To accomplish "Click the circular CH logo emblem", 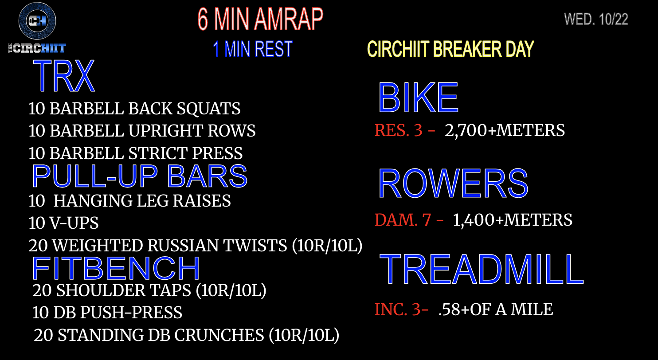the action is (x=37, y=21).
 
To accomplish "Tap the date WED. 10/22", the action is (x=596, y=20).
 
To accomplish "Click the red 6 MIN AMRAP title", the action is (x=260, y=19).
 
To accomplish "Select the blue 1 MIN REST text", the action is (x=253, y=49).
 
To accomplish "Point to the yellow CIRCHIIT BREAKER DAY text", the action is (x=450, y=49).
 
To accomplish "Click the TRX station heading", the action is (x=64, y=76).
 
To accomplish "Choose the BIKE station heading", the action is (x=418, y=98).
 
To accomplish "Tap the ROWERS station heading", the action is (x=453, y=183).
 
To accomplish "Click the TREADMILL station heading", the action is (x=482, y=269).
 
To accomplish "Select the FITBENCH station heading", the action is (x=116, y=268).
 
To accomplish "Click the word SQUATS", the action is (x=208, y=109).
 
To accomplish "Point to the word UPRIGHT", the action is (x=166, y=131).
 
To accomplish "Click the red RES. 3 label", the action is (x=399, y=130).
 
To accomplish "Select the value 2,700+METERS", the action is (x=505, y=131).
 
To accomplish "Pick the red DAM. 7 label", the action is (x=403, y=220).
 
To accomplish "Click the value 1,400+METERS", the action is (x=513, y=220).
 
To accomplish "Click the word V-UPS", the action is (x=74, y=223).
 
